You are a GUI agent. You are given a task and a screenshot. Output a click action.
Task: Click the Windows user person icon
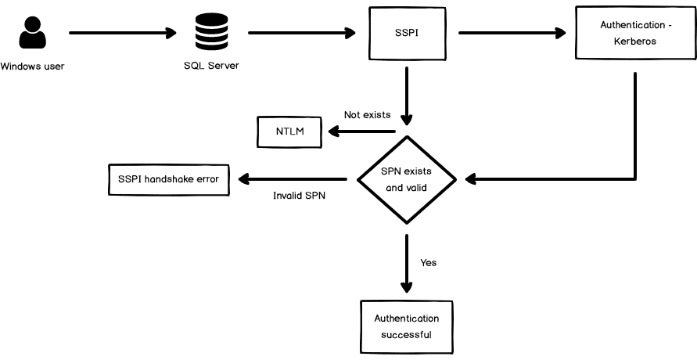[32, 34]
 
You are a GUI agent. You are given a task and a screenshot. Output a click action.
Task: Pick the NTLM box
[289, 131]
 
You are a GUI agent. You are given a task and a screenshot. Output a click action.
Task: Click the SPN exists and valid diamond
[407, 179]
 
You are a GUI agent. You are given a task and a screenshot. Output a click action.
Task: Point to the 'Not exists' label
[367, 115]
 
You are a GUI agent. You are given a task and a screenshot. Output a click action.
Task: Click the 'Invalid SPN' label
[299, 196]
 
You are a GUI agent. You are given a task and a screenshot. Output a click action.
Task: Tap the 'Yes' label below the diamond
[428, 262]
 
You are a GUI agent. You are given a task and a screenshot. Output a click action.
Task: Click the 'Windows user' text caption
[32, 66]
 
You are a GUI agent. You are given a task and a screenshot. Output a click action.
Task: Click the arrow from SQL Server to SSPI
[301, 33]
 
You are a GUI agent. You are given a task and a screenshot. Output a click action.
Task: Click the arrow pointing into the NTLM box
[359, 131]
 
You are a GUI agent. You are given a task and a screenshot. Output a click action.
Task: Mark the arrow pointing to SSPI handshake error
[293, 178]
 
